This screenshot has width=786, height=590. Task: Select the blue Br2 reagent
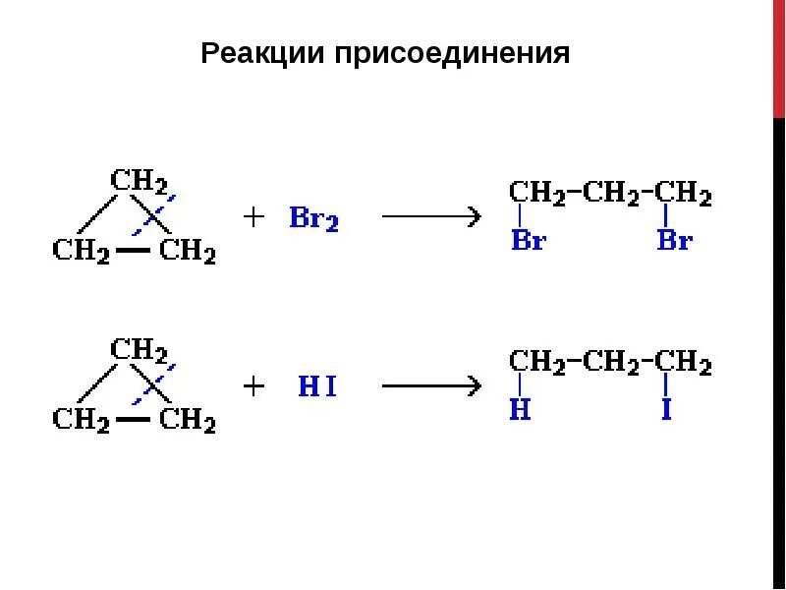[313, 218]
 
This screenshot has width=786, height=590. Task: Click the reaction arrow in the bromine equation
[430, 216]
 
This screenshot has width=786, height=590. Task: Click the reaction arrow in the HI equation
[430, 385]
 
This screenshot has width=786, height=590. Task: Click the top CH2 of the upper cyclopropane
[138, 181]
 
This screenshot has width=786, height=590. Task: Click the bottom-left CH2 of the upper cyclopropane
[81, 251]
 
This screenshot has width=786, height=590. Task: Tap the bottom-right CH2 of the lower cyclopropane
[187, 420]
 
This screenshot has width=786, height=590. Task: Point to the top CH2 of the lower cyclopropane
[138, 350]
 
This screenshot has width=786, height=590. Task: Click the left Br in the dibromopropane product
[528, 240]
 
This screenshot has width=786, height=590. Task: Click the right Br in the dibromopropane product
[674, 240]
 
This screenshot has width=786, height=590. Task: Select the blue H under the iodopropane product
[520, 410]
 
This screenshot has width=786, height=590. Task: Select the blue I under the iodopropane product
[666, 410]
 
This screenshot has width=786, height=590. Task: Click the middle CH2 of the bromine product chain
[610, 193]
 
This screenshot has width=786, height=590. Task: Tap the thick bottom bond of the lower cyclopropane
[134, 420]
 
